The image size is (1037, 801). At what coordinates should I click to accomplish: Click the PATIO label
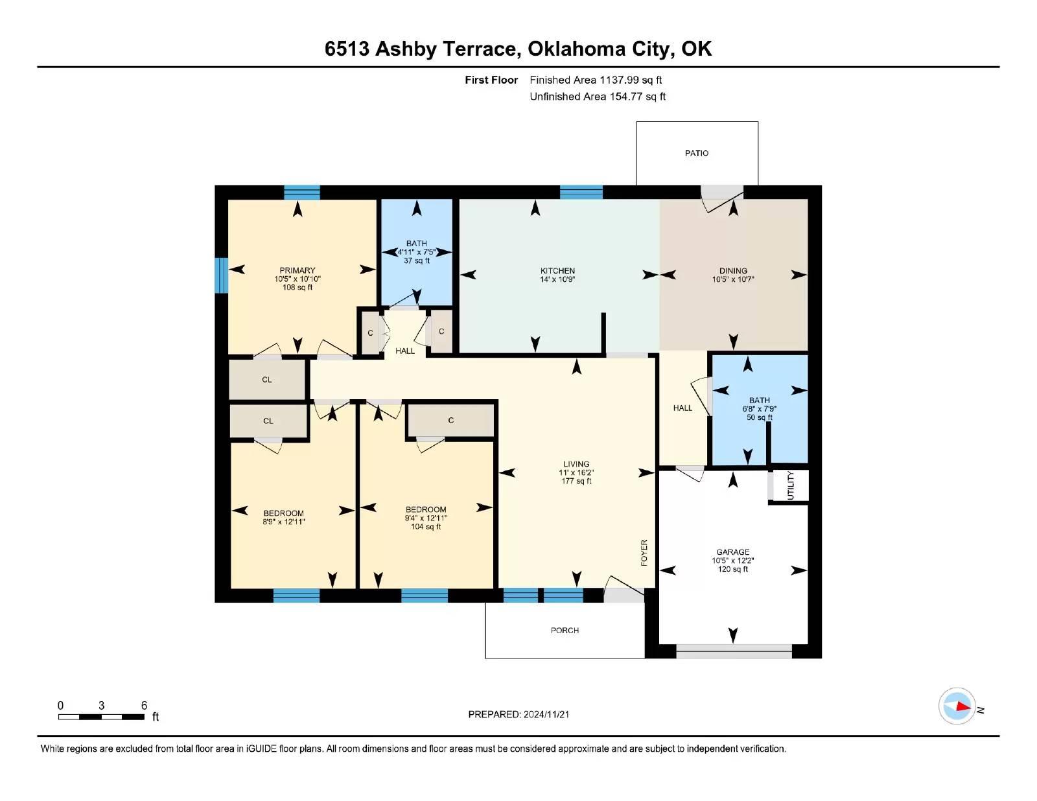[696, 153]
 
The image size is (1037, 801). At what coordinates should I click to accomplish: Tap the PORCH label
[565, 630]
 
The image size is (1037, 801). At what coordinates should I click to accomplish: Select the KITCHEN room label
[557, 270]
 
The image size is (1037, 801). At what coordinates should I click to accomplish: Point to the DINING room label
[733, 270]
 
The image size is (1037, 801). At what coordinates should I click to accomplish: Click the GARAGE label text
[732, 552]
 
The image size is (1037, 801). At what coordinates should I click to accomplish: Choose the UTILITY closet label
[790, 485]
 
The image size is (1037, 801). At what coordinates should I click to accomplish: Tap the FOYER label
[644, 553]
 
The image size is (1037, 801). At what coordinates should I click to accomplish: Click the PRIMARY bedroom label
[297, 270]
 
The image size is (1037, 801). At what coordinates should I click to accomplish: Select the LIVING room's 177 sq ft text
[576, 481]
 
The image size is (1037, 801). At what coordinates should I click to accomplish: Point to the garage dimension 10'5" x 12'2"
[732, 561]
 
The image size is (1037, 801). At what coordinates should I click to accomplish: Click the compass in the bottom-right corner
[957, 706]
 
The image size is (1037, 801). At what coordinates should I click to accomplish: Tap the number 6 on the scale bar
[144, 705]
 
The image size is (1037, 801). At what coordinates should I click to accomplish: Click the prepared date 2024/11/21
[546, 714]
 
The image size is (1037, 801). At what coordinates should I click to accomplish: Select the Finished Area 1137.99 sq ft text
[596, 80]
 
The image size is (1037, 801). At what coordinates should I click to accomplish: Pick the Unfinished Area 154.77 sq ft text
[598, 97]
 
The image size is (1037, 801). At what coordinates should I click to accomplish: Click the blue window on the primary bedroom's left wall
[221, 275]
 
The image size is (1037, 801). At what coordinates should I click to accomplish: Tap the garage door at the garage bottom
[734, 652]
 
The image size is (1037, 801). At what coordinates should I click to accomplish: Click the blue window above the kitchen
[581, 192]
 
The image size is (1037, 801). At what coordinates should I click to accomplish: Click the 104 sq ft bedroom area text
[426, 527]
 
